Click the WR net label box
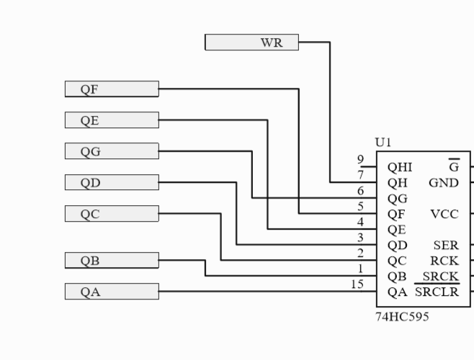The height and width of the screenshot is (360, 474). (x=251, y=42)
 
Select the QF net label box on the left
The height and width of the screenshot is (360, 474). (x=112, y=89)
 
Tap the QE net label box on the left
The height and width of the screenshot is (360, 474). (x=112, y=120)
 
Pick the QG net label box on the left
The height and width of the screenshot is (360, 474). (x=112, y=151)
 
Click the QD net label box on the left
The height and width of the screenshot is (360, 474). (x=112, y=182)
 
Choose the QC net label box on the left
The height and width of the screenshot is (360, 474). (x=112, y=214)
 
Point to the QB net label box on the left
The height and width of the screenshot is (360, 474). (x=112, y=261)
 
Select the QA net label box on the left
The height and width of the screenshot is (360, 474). (x=112, y=292)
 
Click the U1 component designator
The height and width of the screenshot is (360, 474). (x=384, y=143)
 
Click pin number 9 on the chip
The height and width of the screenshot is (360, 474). (x=360, y=160)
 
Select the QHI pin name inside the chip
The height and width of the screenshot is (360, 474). (x=400, y=167)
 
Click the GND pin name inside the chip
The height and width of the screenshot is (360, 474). (x=444, y=183)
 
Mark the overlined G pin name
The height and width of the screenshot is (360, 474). (x=453, y=166)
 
